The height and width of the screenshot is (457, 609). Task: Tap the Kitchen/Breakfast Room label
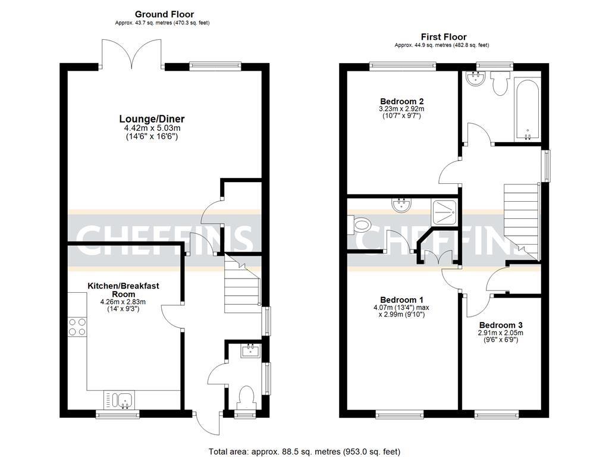coord(124,290)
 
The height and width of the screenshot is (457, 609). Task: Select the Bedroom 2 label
coord(401,101)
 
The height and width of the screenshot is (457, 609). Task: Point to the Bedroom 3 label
coord(501,325)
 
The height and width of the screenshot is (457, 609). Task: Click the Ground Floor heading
coord(164,14)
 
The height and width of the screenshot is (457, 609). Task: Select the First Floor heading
coord(444,37)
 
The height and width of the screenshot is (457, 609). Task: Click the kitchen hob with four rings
coord(77,327)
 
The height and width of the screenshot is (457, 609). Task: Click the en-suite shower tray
coord(444,212)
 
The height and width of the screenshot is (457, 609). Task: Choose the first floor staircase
coord(522,220)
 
